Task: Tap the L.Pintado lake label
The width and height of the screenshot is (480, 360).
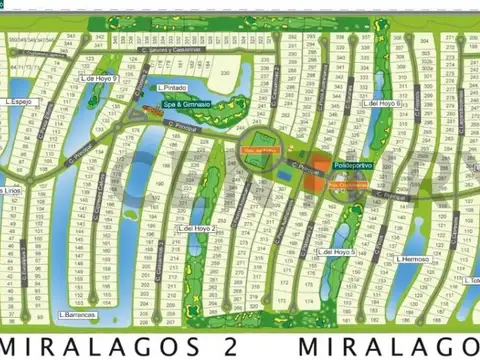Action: (x=173, y=88)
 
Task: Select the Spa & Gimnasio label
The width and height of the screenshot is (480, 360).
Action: (x=187, y=103)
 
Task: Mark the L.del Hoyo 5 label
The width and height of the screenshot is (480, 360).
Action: (x=337, y=252)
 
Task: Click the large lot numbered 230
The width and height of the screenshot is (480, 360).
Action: (x=230, y=73)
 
